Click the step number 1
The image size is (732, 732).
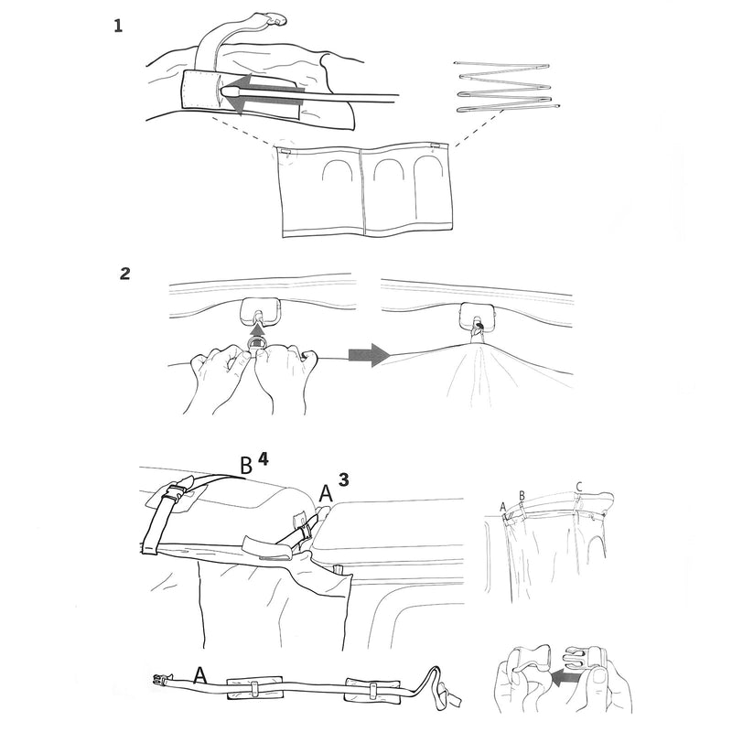tap(118, 26)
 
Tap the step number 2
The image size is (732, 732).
tap(125, 274)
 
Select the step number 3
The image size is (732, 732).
tap(344, 479)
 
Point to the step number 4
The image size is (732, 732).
tap(264, 460)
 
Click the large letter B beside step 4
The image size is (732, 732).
tap(246, 466)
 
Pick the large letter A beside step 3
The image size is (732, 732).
tap(326, 494)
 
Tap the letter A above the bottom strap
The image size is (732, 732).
tap(200, 675)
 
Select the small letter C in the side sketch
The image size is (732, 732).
tap(579, 488)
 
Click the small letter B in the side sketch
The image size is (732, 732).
tap(522, 495)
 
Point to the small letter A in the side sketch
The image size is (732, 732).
tap(502, 507)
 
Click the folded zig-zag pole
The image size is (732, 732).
tap(506, 88)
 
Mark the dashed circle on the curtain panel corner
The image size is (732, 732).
tap(285, 152)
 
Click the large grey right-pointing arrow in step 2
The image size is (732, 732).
tap(370, 355)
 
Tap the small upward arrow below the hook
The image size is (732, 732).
tap(256, 330)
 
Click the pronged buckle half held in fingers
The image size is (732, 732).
tap(584, 660)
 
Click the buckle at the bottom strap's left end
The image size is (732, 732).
tap(161, 679)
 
